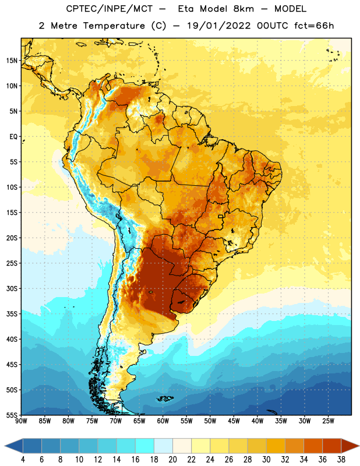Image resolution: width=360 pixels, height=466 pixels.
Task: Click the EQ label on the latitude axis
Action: pyautogui.click(x=13, y=137)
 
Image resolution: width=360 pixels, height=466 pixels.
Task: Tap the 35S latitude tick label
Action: pyautogui.click(x=12, y=314)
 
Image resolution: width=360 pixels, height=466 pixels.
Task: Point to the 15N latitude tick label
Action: pyautogui.click(x=12, y=61)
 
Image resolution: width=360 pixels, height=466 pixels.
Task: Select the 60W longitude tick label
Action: pyautogui.click(x=163, y=421)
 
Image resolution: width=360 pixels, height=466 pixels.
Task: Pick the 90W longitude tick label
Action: pyautogui.click(x=22, y=421)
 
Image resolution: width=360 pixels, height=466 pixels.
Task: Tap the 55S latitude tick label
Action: pyautogui.click(x=12, y=415)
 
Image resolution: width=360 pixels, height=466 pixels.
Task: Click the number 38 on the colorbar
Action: pyautogui.click(x=341, y=460)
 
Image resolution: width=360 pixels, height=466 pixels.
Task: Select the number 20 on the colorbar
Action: pyautogui.click(x=172, y=460)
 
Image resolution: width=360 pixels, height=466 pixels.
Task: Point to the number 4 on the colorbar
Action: pyautogui.click(x=23, y=460)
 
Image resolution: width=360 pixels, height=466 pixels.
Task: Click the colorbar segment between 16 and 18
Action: pyautogui.click(x=144, y=446)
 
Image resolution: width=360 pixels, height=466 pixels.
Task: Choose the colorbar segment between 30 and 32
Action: pyautogui.click(x=276, y=446)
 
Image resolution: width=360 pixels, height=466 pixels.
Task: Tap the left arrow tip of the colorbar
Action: pyautogui.click(x=5, y=446)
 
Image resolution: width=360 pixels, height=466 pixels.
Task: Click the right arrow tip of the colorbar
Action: pyautogui.click(x=359, y=446)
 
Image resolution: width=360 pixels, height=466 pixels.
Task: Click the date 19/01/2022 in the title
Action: pyautogui.click(x=219, y=26)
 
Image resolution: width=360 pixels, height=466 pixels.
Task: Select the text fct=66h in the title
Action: pyautogui.click(x=314, y=26)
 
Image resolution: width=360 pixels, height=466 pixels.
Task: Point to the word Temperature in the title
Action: pyautogui.click(x=114, y=26)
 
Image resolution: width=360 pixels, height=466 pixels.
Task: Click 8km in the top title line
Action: pyautogui.click(x=243, y=9)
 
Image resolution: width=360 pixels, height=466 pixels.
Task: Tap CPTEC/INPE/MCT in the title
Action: pyautogui.click(x=110, y=9)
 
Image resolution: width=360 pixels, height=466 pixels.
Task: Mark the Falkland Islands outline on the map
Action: pyautogui.click(x=165, y=398)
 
